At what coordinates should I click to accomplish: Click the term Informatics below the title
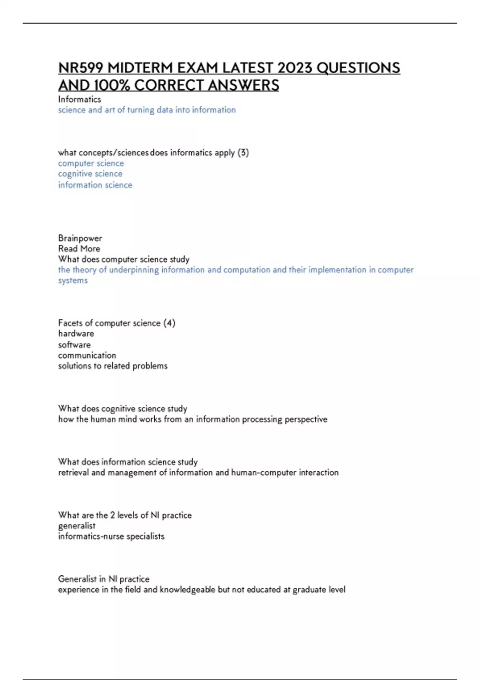[80, 99]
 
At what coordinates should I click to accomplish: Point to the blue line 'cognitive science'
[90, 174]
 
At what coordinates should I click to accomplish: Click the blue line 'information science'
[95, 185]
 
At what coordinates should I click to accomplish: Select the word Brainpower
[80, 238]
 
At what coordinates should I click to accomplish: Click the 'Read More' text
[79, 249]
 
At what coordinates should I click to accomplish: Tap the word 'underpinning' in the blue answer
[134, 270]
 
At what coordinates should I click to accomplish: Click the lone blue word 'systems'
[73, 280]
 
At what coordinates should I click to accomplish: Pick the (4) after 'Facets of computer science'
[169, 323]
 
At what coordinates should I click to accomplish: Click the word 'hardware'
[76, 334]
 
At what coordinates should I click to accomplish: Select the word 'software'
[74, 344]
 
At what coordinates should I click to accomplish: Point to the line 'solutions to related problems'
[113, 366]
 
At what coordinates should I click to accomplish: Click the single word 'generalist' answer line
[77, 526]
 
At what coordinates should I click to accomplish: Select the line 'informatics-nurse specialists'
[111, 536]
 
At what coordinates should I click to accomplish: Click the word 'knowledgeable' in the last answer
[188, 590]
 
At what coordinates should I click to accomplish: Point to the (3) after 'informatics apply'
[243, 153]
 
